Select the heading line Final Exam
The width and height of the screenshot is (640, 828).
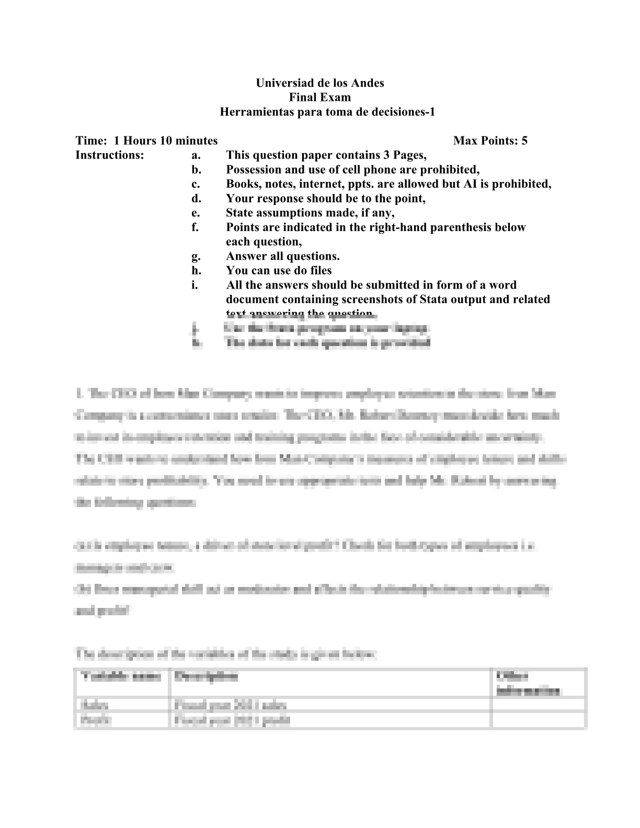[320, 97]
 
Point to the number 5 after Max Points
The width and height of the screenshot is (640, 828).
[524, 141]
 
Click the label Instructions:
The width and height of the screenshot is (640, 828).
[110, 155]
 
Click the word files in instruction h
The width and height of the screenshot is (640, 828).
[319, 271]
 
